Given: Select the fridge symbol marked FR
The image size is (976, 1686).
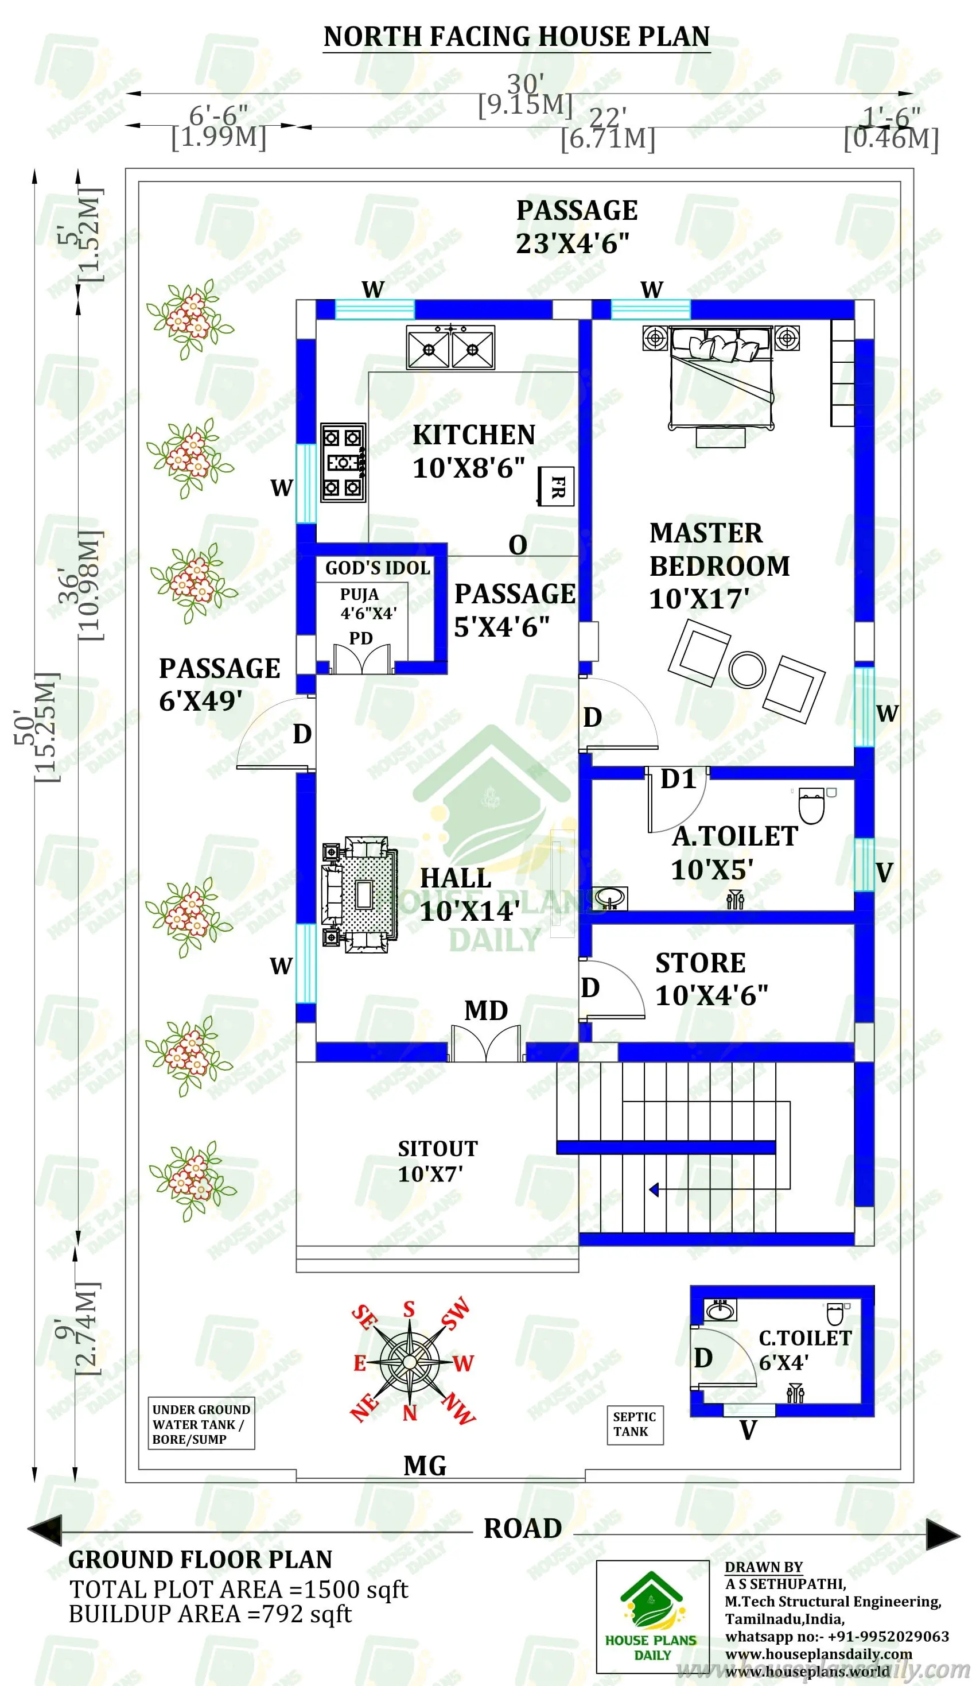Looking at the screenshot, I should (x=557, y=486).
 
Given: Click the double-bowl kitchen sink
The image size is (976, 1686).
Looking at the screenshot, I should (x=450, y=347).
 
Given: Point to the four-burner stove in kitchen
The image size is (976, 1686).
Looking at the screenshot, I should (x=343, y=462).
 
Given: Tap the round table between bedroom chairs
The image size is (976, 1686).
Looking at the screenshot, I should (x=746, y=668).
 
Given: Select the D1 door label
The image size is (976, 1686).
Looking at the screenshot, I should (x=678, y=779).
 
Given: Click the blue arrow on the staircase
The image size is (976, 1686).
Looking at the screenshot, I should (x=654, y=1189).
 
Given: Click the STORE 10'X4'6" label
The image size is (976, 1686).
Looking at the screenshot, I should (x=710, y=979).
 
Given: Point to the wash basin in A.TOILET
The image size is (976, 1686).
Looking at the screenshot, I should (x=609, y=897).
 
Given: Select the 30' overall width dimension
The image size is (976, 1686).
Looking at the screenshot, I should (x=524, y=85).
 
